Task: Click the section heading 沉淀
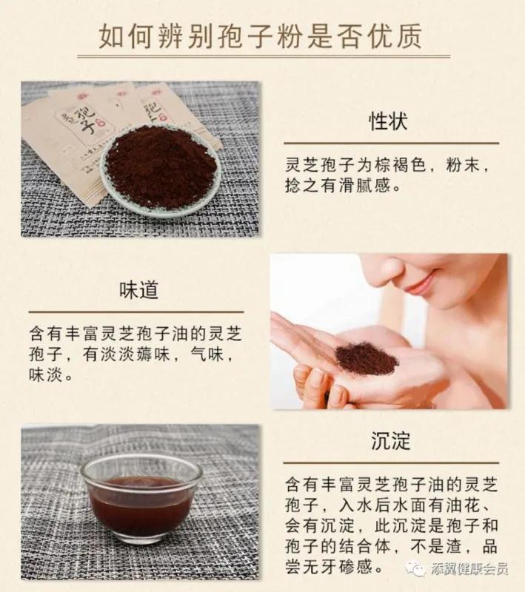pos(390,442)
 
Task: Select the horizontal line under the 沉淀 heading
pos(391,462)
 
